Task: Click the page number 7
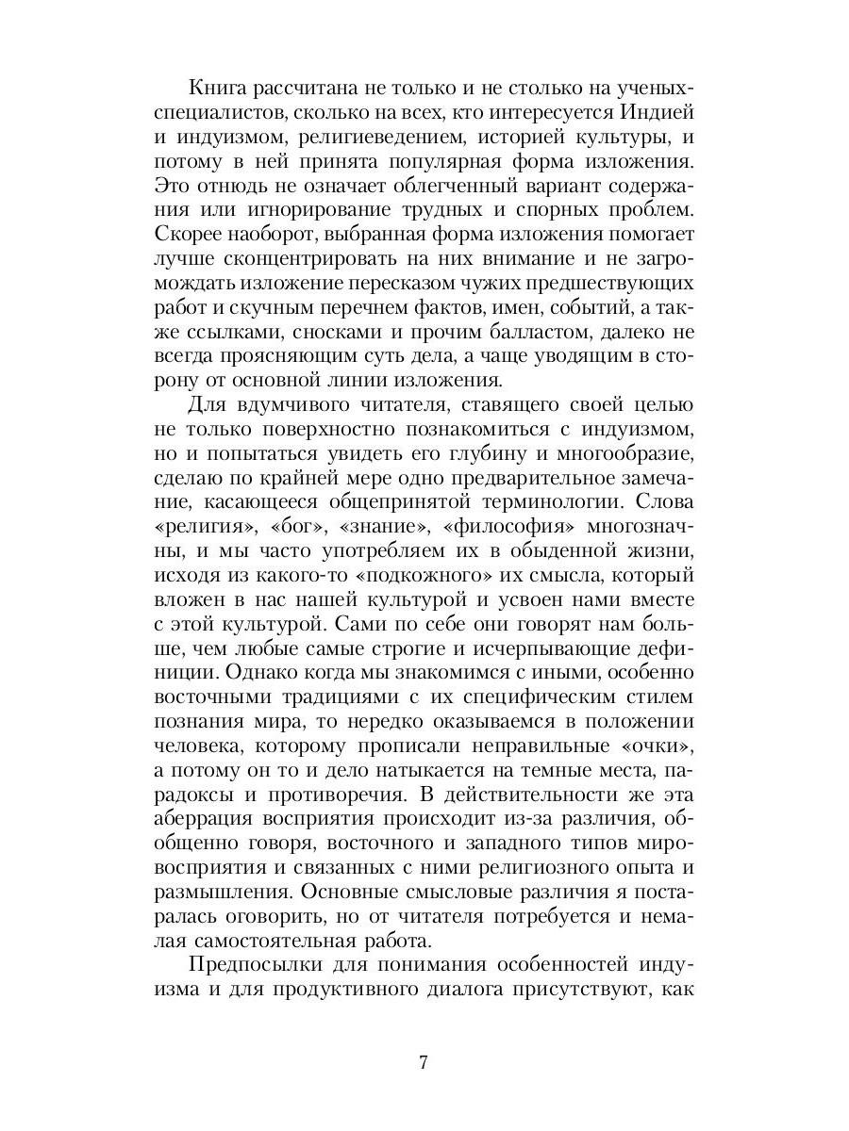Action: click(424, 1063)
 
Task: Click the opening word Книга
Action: click(220, 89)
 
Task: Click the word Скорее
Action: click(188, 236)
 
